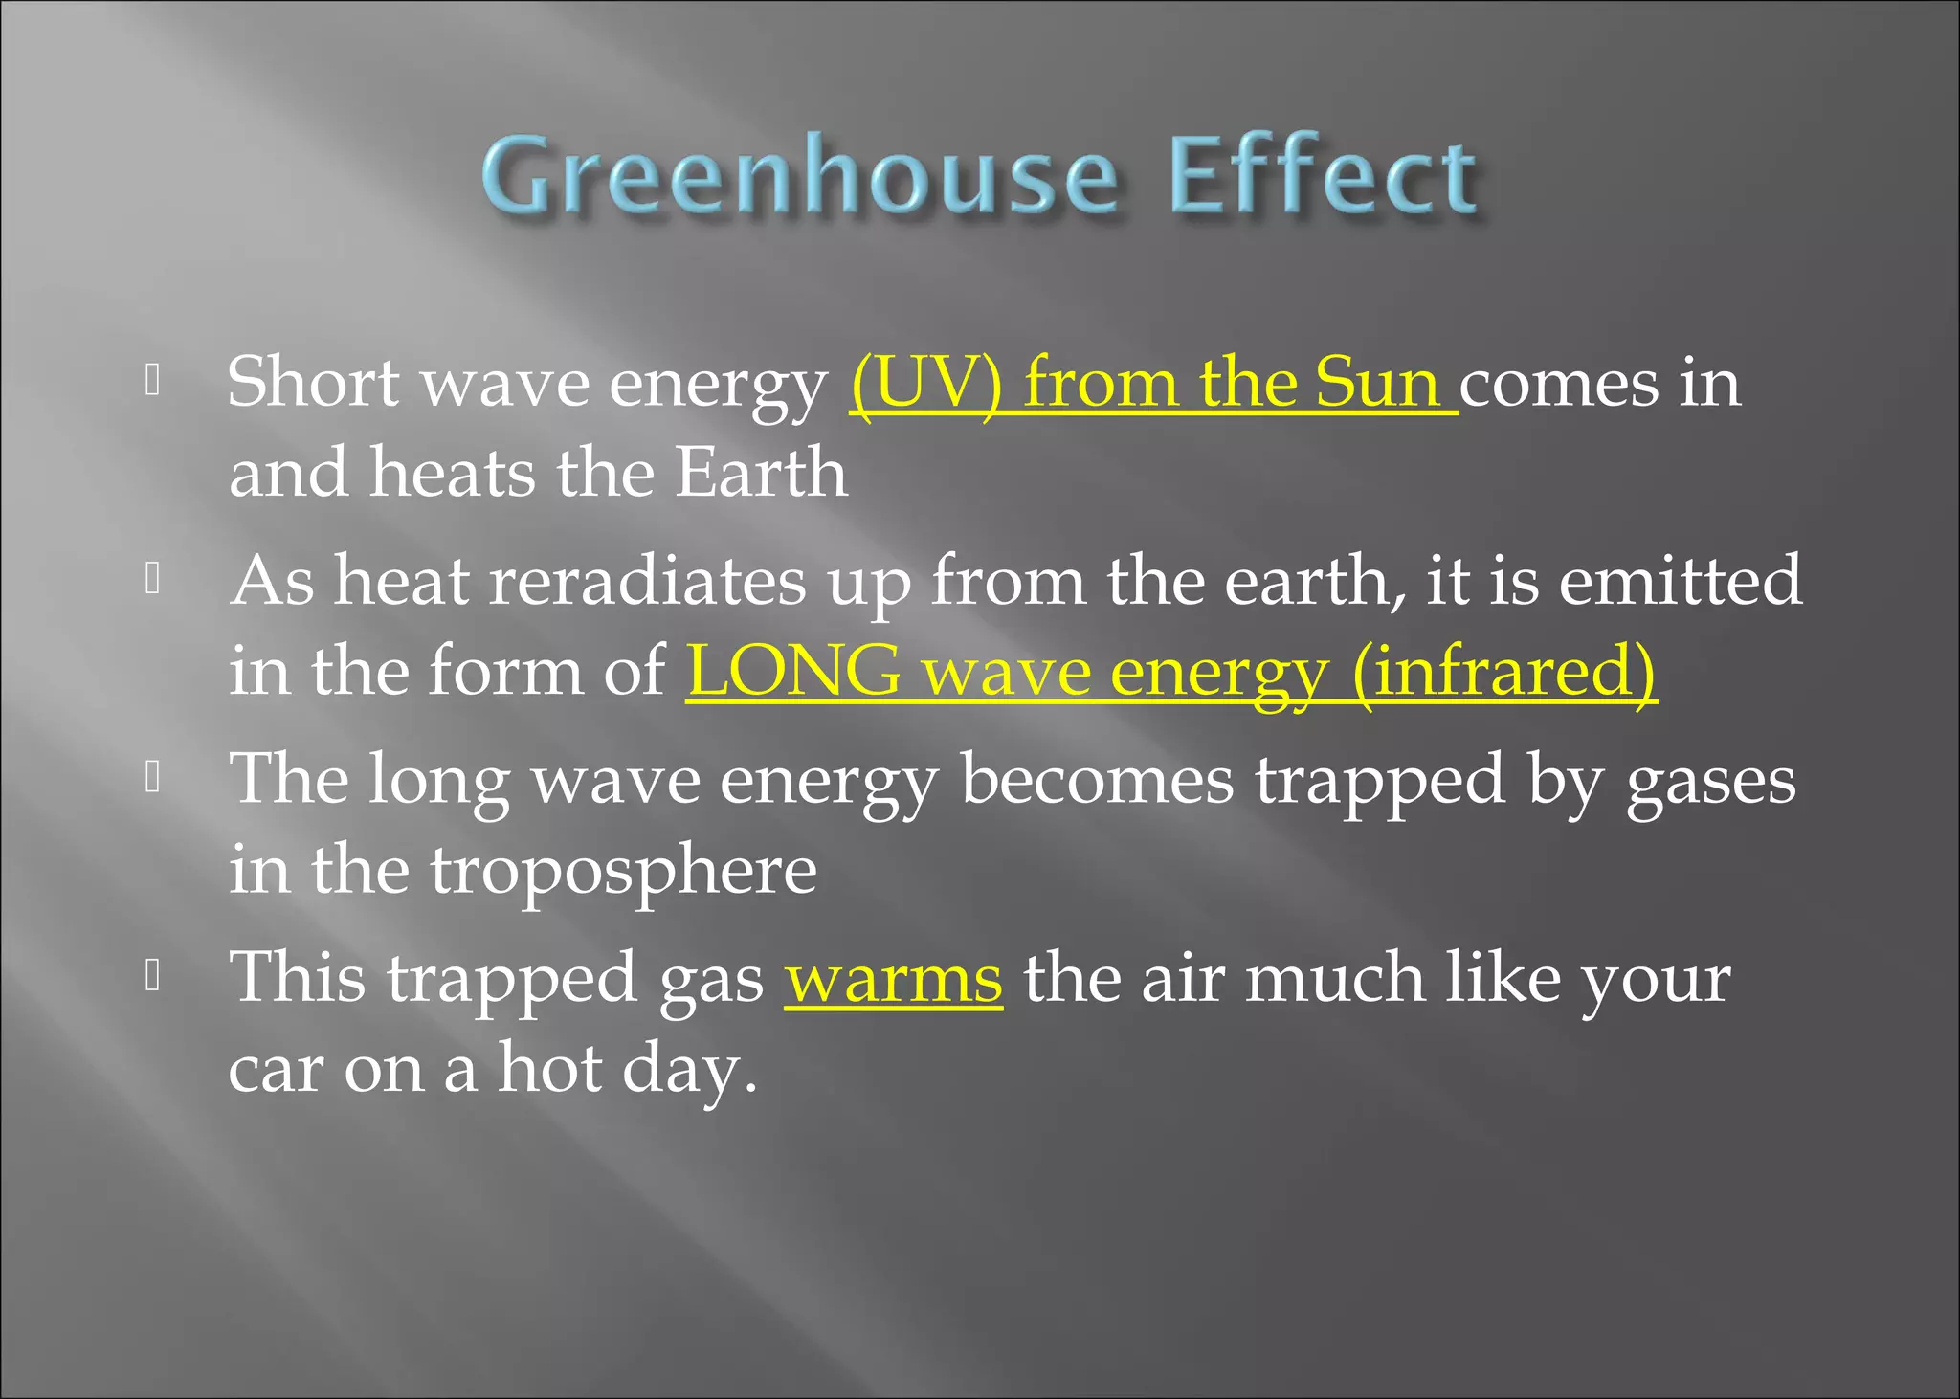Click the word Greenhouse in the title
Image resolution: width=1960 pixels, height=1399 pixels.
[799, 176]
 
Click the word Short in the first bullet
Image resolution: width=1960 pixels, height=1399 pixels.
[314, 383]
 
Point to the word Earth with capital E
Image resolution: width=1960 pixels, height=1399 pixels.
[761, 473]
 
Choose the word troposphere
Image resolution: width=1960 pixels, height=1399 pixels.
[623, 871]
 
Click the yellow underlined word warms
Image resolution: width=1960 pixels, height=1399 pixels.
[894, 979]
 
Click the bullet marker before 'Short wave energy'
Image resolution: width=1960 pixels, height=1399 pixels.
[152, 381]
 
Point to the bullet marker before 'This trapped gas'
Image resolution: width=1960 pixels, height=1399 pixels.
[152, 976]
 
